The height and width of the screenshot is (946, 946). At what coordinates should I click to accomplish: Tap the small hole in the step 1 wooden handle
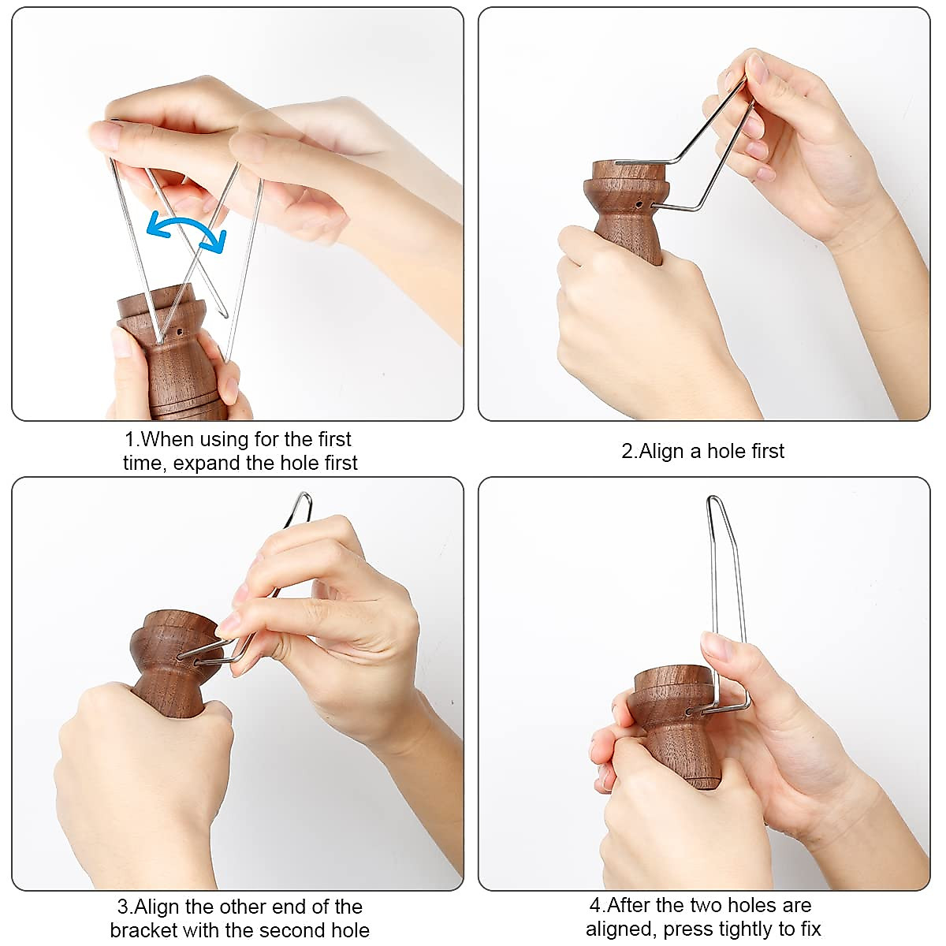click(x=180, y=332)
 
